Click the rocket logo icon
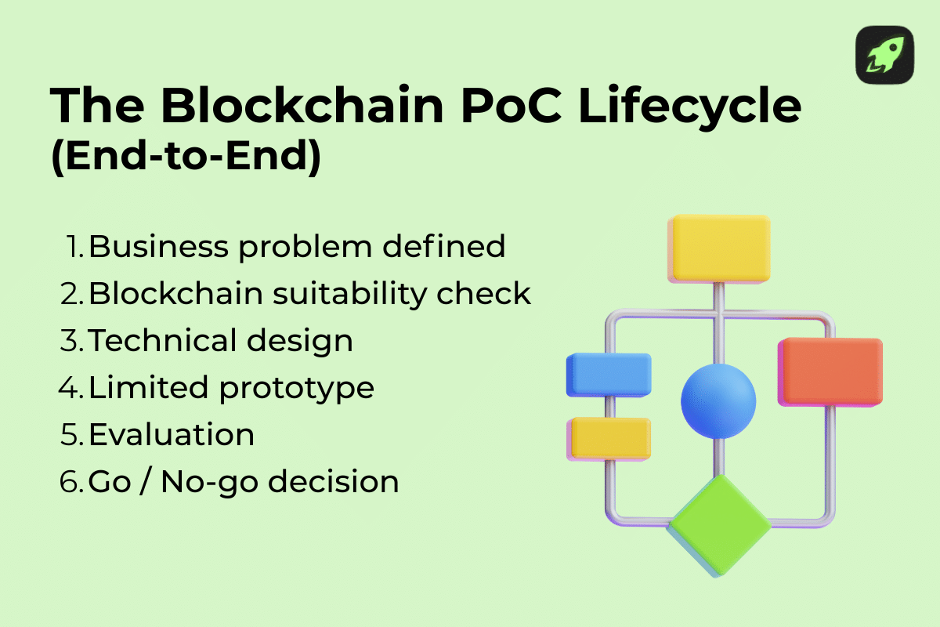tap(884, 55)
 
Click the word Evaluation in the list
tap(172, 435)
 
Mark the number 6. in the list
tap(72, 482)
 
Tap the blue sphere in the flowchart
tap(718, 400)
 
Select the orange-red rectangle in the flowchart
tap(830, 371)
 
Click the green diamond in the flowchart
tap(719, 524)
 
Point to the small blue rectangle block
tap(609, 375)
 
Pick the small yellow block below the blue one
tap(609, 437)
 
